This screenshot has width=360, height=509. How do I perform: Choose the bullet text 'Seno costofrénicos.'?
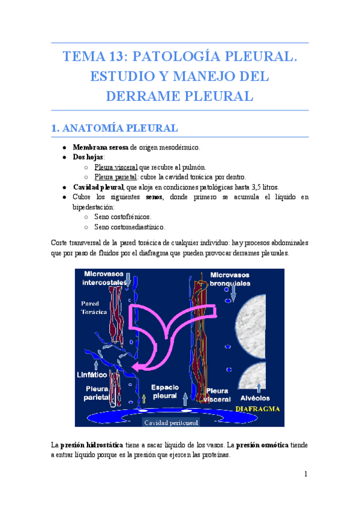[x=122, y=216]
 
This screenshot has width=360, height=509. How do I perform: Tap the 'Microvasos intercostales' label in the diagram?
[x=106, y=278]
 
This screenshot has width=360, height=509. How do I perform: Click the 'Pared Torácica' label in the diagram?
[x=94, y=308]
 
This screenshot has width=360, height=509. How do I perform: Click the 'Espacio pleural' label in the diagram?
[x=164, y=391]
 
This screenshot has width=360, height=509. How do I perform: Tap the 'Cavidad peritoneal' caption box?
[x=170, y=422]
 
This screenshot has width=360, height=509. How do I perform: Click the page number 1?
[x=305, y=474]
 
